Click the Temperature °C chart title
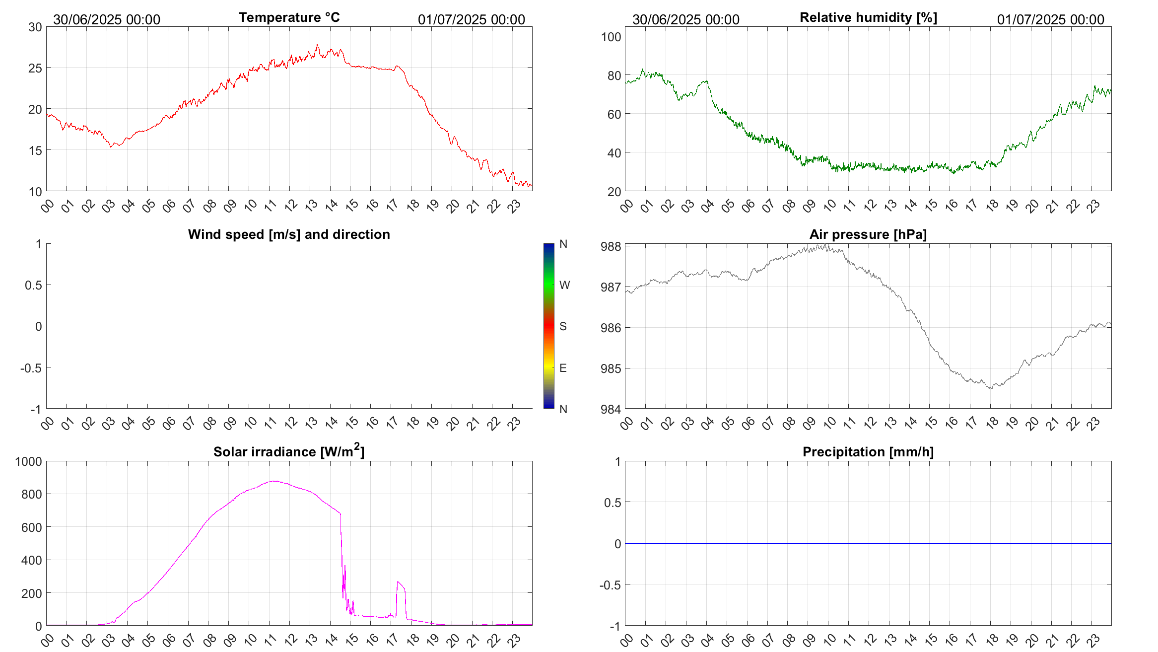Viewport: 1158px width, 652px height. [289, 17]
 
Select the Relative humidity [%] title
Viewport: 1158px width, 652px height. [868, 17]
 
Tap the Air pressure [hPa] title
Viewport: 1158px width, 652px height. [868, 234]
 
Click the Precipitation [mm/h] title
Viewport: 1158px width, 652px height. [868, 452]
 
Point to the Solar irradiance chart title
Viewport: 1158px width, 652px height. [289, 451]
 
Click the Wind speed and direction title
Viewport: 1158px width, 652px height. [289, 234]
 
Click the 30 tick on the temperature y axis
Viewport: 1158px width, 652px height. [35, 27]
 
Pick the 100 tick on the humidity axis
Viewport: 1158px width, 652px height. [611, 37]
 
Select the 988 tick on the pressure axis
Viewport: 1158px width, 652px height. [611, 247]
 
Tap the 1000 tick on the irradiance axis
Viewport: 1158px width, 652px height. [29, 462]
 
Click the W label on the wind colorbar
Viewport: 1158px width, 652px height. [564, 285]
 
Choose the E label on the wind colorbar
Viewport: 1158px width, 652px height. [563, 368]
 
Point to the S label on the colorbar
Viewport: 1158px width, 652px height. [563, 326]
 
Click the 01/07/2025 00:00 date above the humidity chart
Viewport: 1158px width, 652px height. [1050, 20]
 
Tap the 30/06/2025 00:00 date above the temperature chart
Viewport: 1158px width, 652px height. [107, 20]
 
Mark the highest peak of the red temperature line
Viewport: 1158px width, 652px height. [318, 45]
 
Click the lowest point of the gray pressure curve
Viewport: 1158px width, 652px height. [991, 388]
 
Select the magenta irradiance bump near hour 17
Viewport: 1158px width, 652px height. [399, 583]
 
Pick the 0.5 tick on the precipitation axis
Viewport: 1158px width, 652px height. [612, 503]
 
